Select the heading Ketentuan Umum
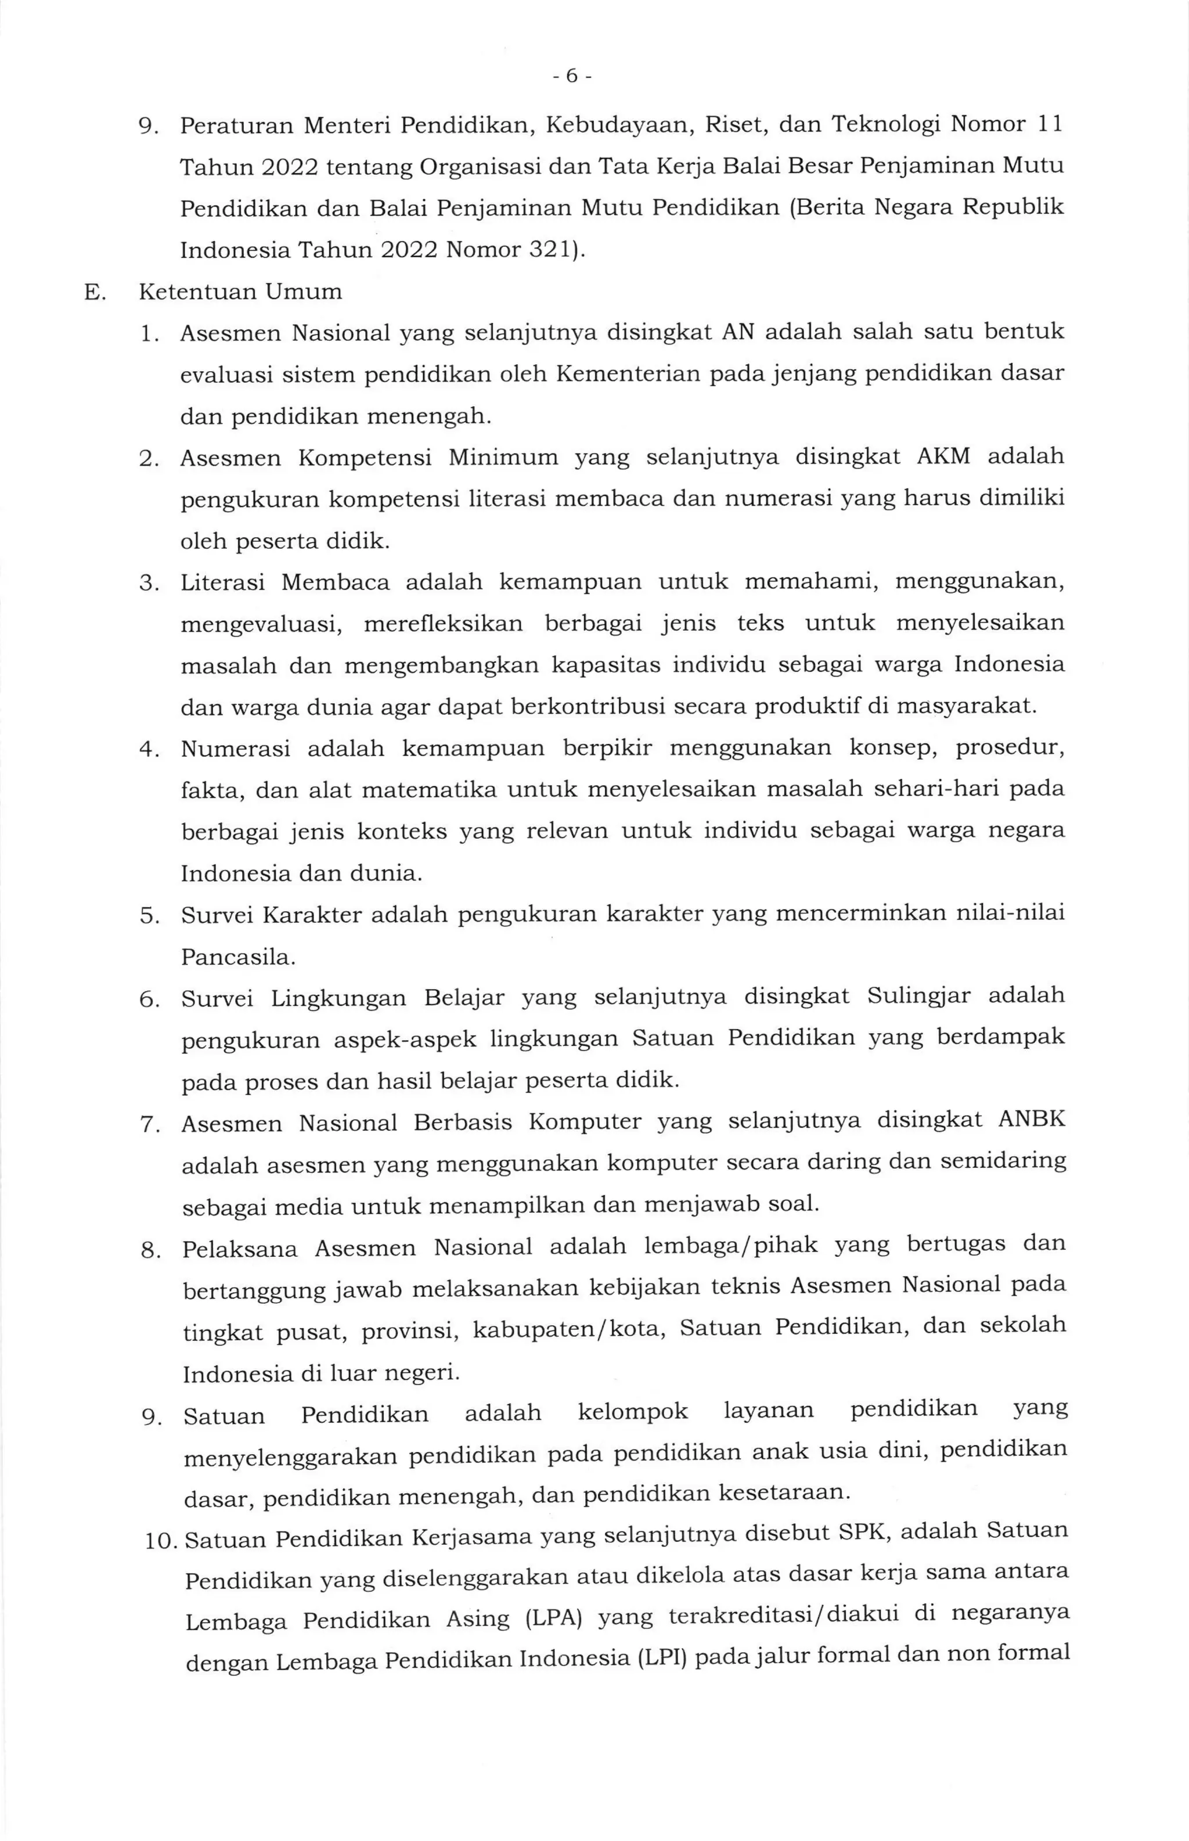[x=240, y=292]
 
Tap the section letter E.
[x=93, y=293]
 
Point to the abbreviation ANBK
[x=1032, y=1120]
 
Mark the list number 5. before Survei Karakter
[x=149, y=916]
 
